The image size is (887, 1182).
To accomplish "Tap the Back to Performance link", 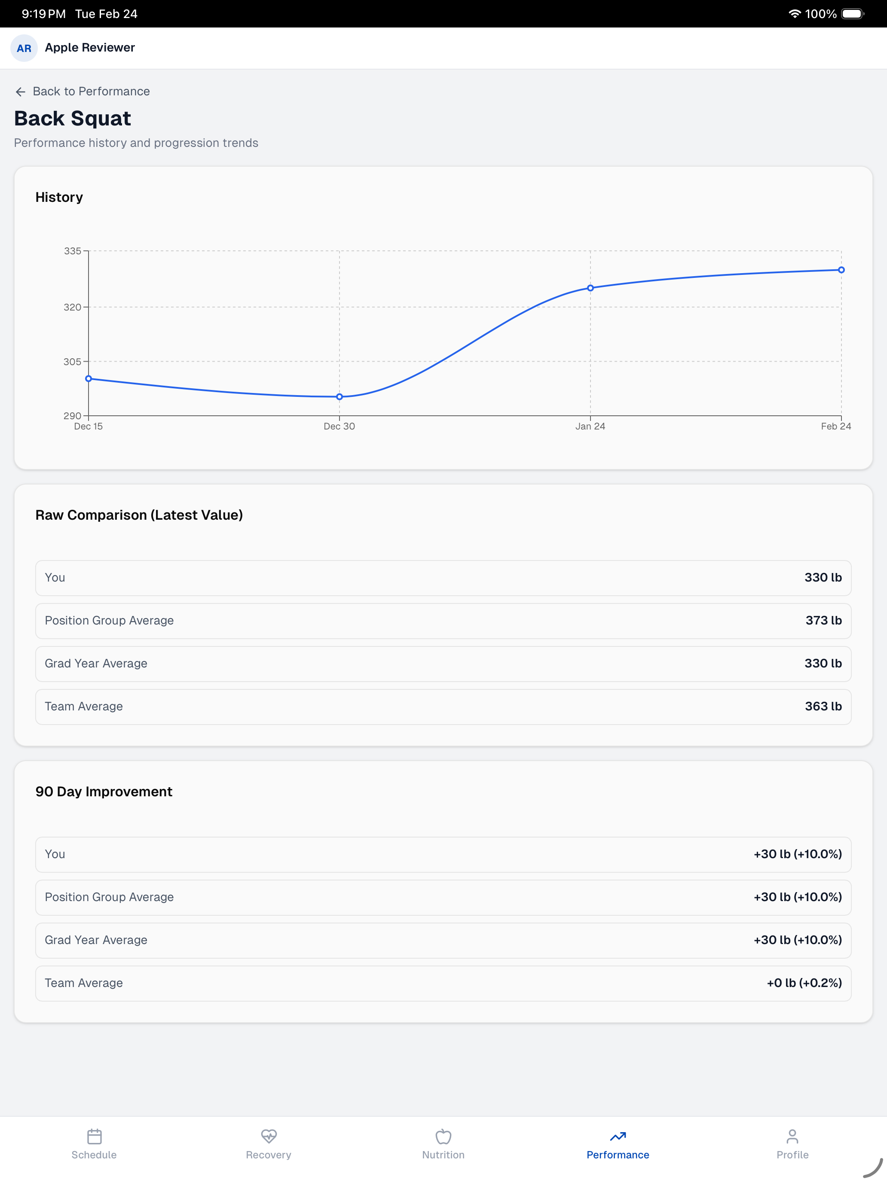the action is pos(83,91).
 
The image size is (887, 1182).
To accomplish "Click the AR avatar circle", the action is pos(24,48).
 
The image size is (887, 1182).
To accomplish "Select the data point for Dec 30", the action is pos(340,396).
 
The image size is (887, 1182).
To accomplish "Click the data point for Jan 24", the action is pos(590,288).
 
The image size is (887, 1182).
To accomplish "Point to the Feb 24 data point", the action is pos(841,270).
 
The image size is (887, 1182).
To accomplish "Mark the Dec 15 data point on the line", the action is pos(89,379).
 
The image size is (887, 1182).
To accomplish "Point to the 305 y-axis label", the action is pos(73,362).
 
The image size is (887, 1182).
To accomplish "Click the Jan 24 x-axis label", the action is pos(590,426).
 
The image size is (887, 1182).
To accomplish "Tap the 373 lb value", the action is pos(823,620).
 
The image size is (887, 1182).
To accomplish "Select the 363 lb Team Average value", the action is pos(823,707).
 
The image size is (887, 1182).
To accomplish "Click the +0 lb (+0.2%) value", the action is pos(804,983).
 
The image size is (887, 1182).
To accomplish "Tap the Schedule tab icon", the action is pos(94,1136).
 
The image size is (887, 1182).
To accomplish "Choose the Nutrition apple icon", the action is pos(443,1136).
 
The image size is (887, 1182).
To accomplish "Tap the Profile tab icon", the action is pos(792,1136).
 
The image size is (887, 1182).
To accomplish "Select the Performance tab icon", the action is pos(618,1136).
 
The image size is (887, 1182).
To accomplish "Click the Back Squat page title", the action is pos(72,119).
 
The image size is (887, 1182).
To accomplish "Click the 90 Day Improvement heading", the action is pos(104,792).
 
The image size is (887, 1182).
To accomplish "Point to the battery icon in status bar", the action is pos(853,14).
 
